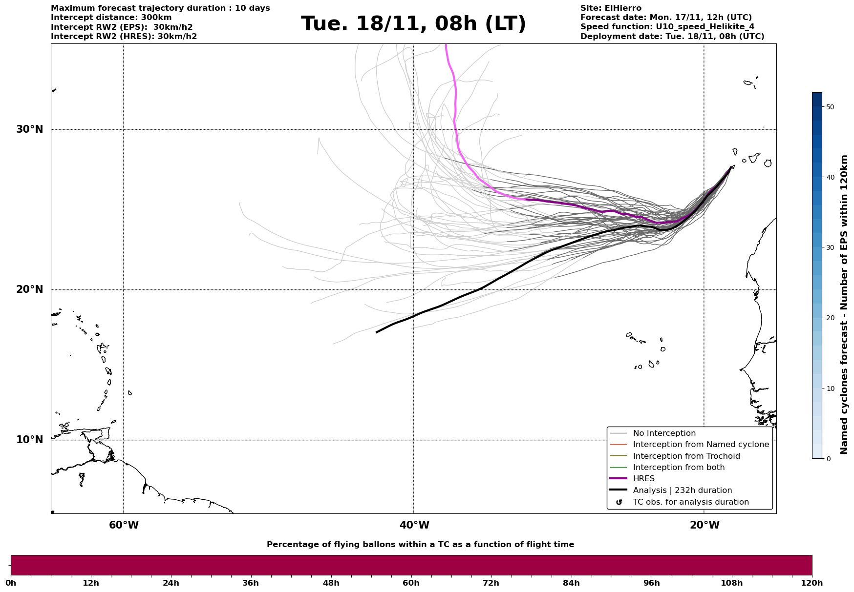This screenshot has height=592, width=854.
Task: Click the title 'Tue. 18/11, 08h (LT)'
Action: click(x=413, y=24)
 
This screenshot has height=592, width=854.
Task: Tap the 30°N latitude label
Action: click(x=30, y=129)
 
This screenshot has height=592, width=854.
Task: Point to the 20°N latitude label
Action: click(x=30, y=289)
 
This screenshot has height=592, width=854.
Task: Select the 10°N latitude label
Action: click(x=30, y=440)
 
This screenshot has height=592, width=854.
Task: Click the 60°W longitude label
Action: click(x=124, y=525)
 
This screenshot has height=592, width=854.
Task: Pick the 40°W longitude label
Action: click(x=414, y=525)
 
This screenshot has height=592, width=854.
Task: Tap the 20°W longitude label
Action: click(x=705, y=525)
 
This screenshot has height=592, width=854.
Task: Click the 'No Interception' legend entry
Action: click(x=664, y=433)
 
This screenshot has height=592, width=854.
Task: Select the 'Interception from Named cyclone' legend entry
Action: click(x=701, y=445)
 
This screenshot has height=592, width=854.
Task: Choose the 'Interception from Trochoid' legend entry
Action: click(x=686, y=456)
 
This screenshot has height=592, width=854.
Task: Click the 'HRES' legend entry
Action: click(x=643, y=479)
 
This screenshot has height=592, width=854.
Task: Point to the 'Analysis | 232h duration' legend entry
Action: click(x=682, y=490)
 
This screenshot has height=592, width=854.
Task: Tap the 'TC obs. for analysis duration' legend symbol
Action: click(x=619, y=502)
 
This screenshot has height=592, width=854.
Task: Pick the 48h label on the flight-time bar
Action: click(x=331, y=583)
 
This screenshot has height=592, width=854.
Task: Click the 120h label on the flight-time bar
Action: click(x=811, y=583)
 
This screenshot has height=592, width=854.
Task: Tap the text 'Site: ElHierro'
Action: click(x=611, y=8)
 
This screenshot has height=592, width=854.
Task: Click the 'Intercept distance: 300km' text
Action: click(x=111, y=18)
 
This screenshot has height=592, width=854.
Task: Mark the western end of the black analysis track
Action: click(x=376, y=332)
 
